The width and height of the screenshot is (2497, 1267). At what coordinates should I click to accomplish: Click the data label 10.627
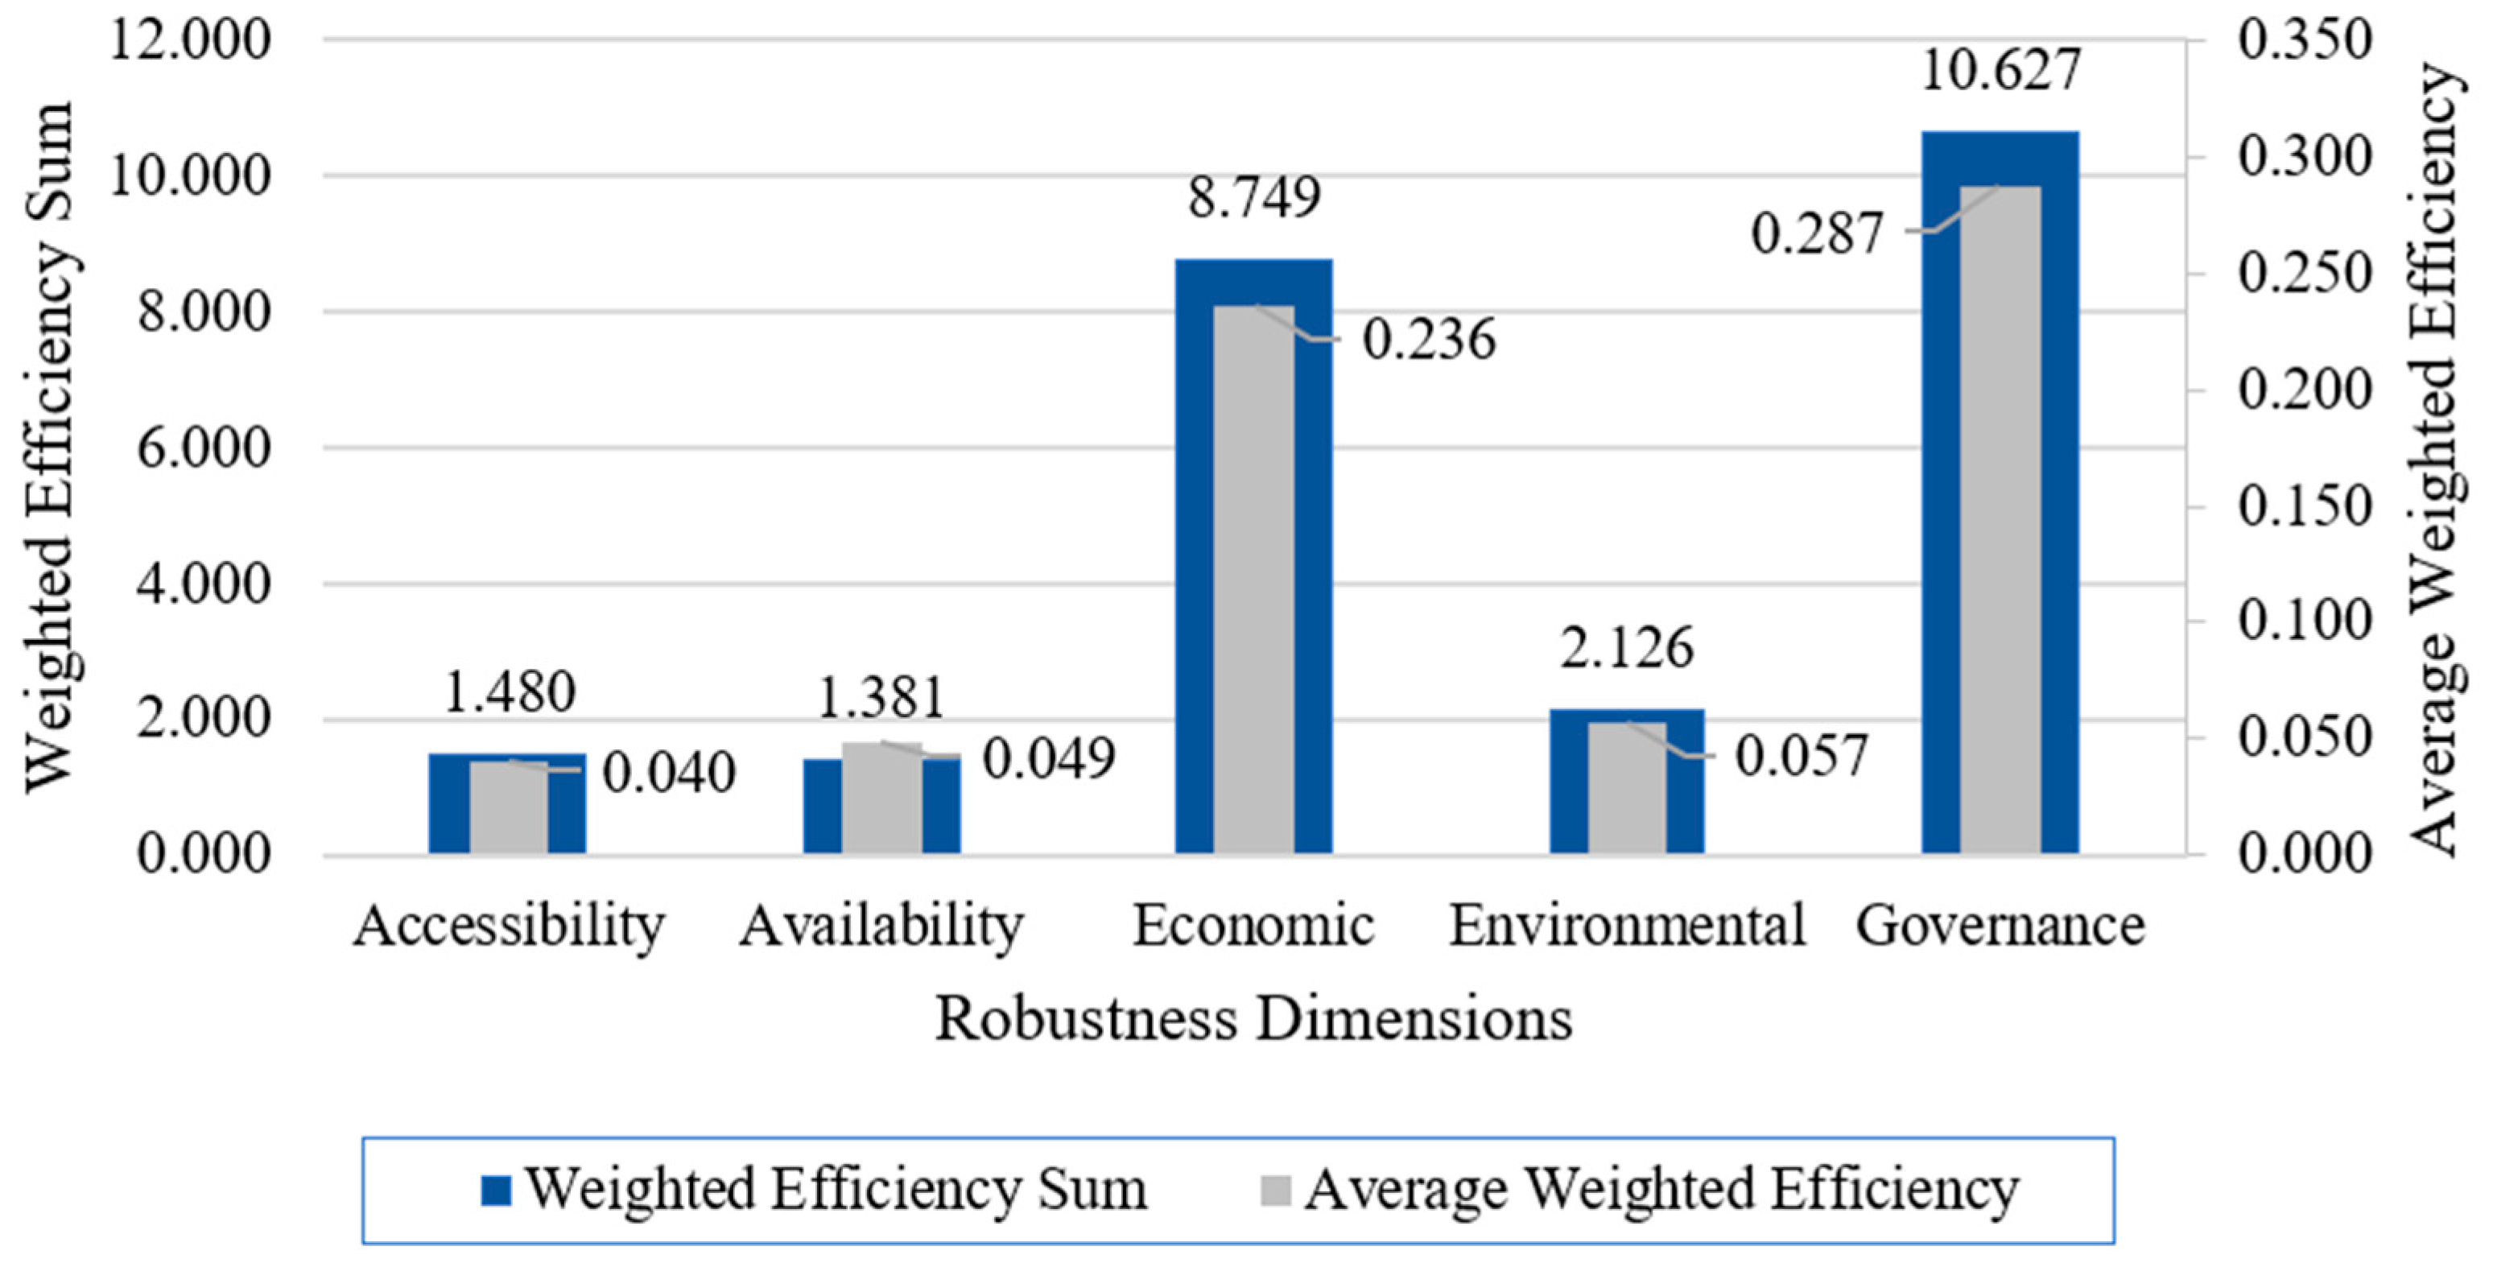tap(2000, 70)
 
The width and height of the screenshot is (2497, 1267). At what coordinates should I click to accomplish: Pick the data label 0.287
tap(1817, 233)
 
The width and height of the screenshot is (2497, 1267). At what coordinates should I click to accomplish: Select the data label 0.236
tap(1429, 339)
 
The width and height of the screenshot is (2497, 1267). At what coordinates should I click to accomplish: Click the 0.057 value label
tap(1801, 756)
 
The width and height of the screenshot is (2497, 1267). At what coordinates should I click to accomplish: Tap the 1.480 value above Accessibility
tap(509, 692)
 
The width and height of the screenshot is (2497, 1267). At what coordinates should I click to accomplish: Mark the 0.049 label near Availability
tap(1049, 758)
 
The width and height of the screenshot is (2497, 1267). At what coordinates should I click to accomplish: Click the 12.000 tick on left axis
tap(190, 41)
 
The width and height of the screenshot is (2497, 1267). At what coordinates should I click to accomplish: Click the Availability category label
tap(881, 927)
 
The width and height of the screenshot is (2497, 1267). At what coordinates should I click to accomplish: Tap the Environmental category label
tap(1627, 925)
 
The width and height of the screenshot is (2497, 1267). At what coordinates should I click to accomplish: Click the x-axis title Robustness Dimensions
tap(1253, 1021)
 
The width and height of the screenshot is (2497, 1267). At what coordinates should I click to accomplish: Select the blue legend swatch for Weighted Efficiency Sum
tap(495, 1191)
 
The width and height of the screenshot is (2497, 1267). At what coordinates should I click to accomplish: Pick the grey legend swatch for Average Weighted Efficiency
tap(1276, 1191)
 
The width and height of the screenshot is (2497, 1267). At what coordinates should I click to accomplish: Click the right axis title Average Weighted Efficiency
tap(2435, 456)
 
